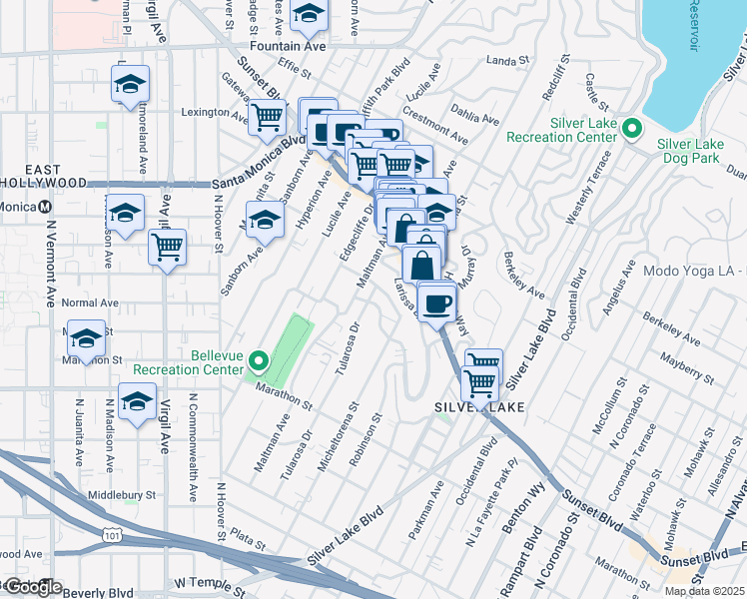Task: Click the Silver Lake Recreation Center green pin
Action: tap(631, 129)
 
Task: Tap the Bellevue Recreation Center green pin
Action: tap(259, 361)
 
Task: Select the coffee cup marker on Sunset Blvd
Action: tap(435, 301)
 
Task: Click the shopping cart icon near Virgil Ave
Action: tap(168, 247)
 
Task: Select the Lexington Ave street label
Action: tap(214, 112)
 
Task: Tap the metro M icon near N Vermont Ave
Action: tap(45, 207)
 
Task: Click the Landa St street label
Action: tap(507, 62)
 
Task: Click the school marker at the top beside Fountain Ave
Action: tap(309, 14)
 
